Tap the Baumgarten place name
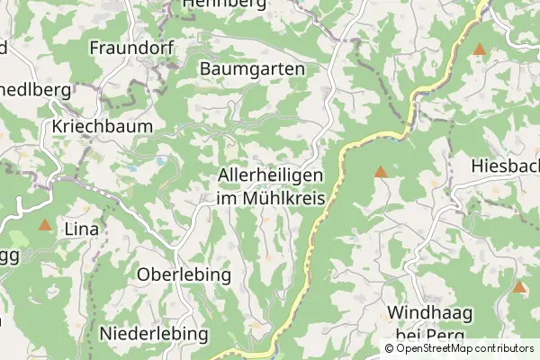253,68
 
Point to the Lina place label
81,229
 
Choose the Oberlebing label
184,274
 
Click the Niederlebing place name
154,334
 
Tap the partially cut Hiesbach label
505,166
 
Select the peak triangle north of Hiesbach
480,49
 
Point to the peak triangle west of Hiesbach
381,171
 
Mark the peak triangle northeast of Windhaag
519,287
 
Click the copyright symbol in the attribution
390,348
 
